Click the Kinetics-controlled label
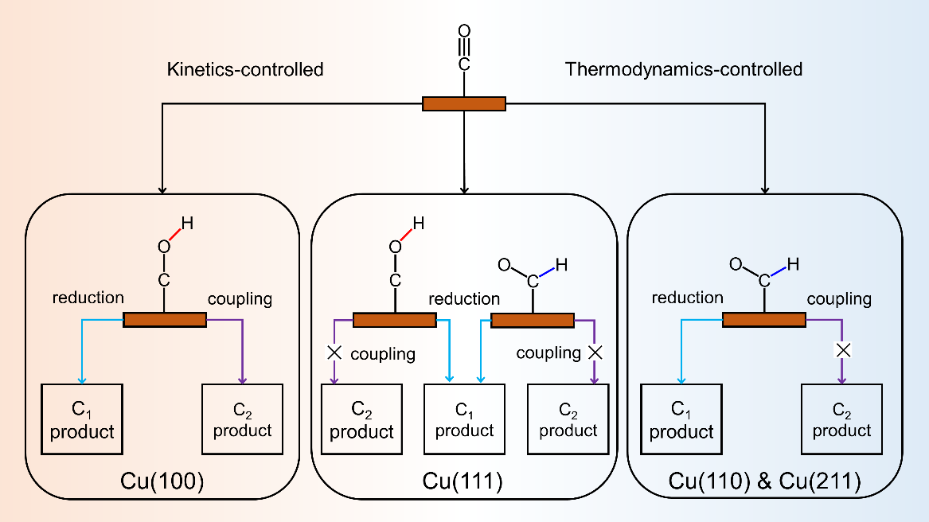[x=245, y=69]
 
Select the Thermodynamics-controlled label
[x=683, y=69]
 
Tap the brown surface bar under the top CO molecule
[x=463, y=103]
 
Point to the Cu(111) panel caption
[x=464, y=481]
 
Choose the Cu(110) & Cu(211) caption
[x=765, y=481]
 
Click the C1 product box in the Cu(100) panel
[x=82, y=419]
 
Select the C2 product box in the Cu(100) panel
[x=242, y=419]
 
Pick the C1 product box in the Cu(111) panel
[x=464, y=419]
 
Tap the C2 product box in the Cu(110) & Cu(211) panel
[x=841, y=419]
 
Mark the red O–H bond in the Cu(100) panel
[x=176, y=235]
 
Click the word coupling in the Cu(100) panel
[x=240, y=299]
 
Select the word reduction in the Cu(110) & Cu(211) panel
[x=687, y=298]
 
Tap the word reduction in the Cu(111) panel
[x=464, y=299]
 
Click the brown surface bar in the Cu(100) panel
[x=165, y=320]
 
